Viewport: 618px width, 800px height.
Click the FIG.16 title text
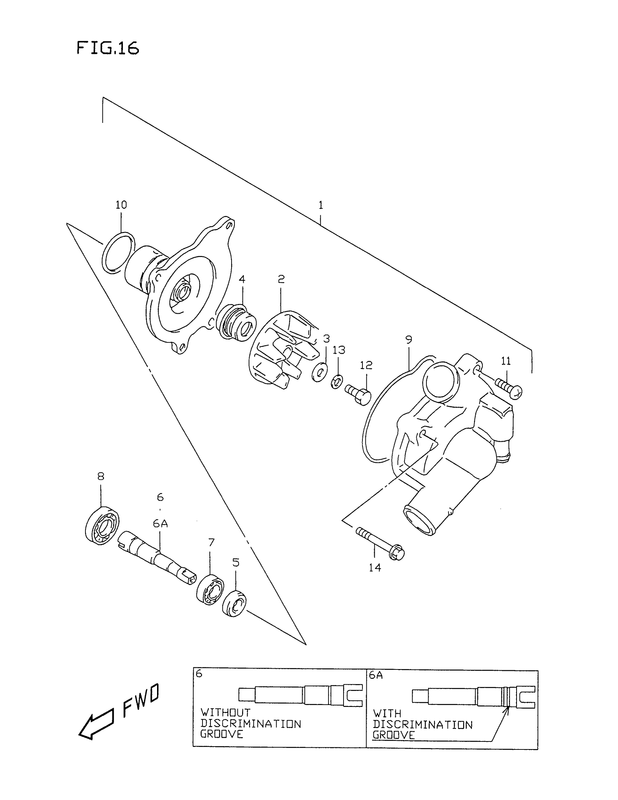tap(108, 48)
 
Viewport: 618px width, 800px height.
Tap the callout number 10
tap(121, 205)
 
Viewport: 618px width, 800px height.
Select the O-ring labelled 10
tap(118, 253)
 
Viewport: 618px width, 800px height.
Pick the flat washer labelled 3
tap(320, 372)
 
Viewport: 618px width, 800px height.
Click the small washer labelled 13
tap(337, 382)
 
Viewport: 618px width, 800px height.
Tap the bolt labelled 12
tap(359, 395)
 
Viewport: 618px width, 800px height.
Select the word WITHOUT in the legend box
tap(225, 713)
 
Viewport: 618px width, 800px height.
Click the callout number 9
tap(409, 340)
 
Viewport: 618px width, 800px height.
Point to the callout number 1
tap(321, 205)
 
